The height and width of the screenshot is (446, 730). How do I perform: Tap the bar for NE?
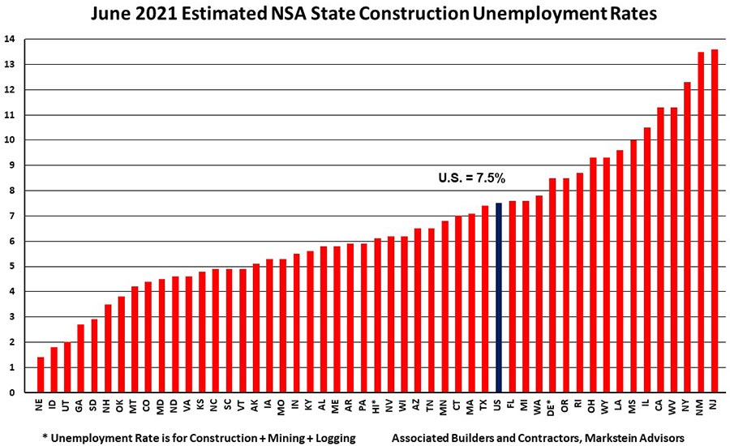coord(40,375)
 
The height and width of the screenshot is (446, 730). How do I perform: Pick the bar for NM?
coord(700,222)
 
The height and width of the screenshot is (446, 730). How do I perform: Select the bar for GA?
coord(80,358)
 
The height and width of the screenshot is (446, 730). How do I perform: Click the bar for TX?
coord(484,299)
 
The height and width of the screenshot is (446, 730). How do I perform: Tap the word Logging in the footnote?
coord(332,438)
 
